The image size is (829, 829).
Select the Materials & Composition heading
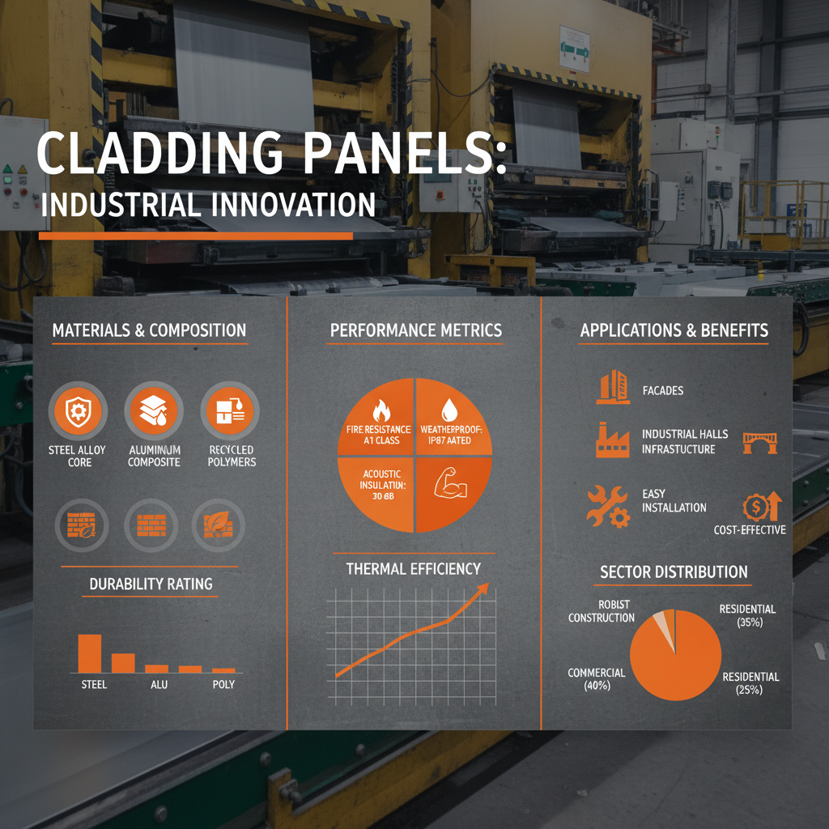(x=149, y=330)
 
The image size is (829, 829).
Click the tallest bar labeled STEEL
(x=89, y=653)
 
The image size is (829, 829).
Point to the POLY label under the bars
(x=223, y=684)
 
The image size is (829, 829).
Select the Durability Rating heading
(x=151, y=583)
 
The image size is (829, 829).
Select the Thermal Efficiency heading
(x=413, y=568)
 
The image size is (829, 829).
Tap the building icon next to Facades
(x=612, y=388)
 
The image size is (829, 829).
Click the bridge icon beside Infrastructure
(x=759, y=442)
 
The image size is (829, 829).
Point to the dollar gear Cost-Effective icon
(x=760, y=507)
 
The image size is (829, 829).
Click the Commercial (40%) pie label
(x=597, y=679)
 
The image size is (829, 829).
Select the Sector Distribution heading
(x=674, y=572)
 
